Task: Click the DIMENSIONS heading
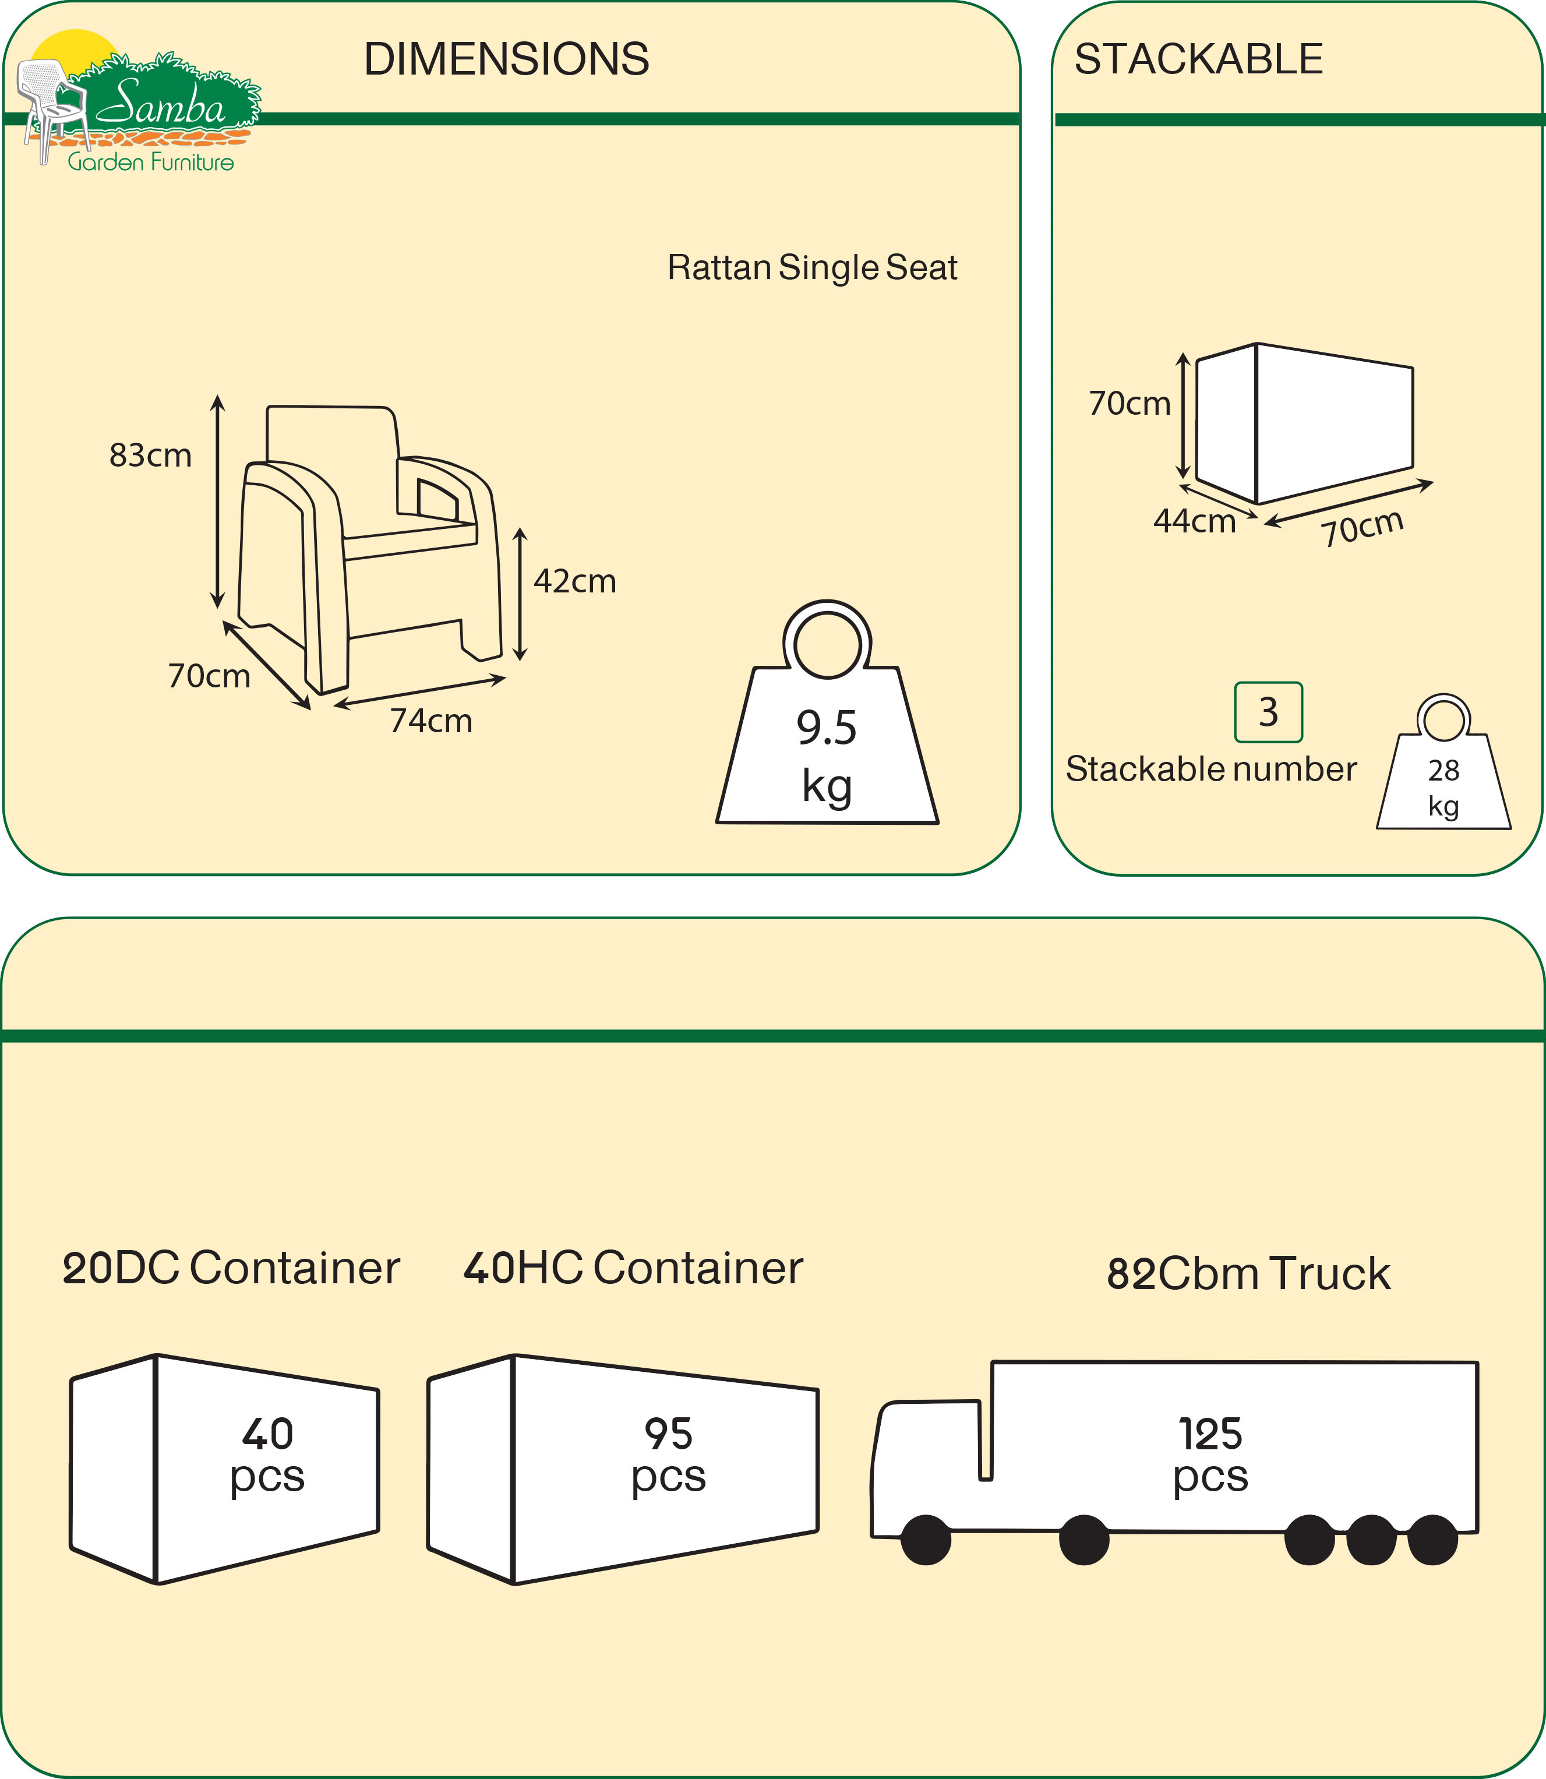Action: [506, 59]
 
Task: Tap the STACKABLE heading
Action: [1198, 59]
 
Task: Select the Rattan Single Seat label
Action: [812, 267]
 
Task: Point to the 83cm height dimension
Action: [150, 456]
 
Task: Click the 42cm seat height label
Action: [574, 581]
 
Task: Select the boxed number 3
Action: [1268, 712]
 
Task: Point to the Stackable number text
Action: [1210, 769]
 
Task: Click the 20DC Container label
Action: [231, 1268]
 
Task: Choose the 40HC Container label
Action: [633, 1268]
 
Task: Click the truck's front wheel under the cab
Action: [926, 1539]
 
